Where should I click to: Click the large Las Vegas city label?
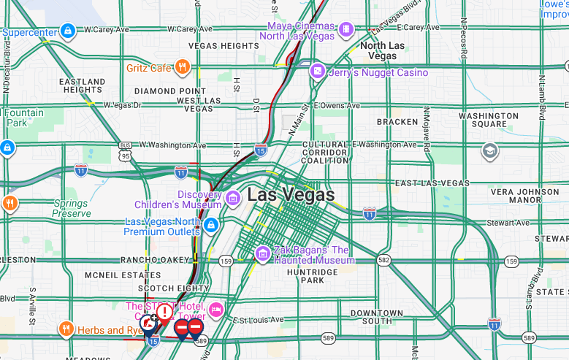click(x=291, y=195)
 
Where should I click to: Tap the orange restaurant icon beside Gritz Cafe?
click(x=183, y=68)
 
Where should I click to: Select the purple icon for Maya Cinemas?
click(x=346, y=30)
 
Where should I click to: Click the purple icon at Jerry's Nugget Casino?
click(x=317, y=72)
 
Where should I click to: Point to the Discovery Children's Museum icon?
click(x=233, y=198)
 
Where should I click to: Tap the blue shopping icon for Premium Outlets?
click(x=211, y=224)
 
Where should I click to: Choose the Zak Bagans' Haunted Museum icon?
click(x=263, y=253)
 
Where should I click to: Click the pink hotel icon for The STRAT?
click(x=216, y=310)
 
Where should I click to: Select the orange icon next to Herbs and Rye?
click(x=66, y=329)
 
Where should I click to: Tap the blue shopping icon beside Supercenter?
click(x=67, y=31)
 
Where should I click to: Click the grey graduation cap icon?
click(x=490, y=151)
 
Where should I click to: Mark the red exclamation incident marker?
click(x=164, y=313)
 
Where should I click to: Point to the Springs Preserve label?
click(x=72, y=209)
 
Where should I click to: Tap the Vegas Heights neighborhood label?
click(x=224, y=45)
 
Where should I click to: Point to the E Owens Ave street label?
click(x=337, y=105)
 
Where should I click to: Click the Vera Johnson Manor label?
click(x=525, y=196)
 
